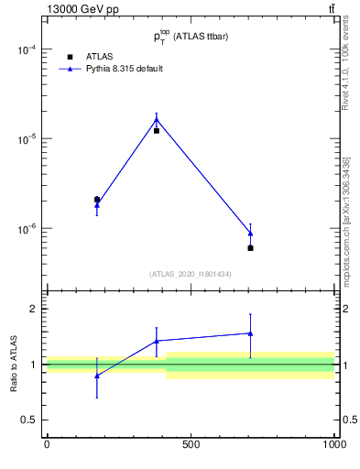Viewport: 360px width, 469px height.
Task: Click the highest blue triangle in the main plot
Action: [157, 119]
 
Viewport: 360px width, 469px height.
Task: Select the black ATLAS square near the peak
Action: [157, 131]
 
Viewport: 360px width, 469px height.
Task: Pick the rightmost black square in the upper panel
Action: [250, 248]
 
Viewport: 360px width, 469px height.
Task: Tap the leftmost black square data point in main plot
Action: [97, 200]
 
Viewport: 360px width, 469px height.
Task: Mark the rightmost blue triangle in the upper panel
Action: [250, 234]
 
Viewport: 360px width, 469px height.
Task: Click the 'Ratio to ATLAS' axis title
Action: [14, 365]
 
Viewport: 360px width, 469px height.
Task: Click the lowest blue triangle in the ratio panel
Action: [97, 376]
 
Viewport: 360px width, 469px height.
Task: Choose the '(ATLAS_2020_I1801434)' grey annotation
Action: [190, 275]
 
